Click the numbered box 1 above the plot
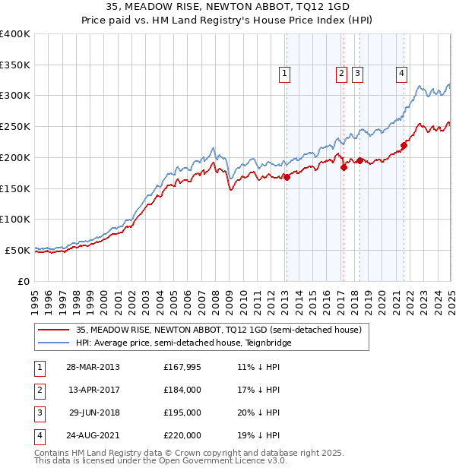pyautogui.click(x=284, y=74)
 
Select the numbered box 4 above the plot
pyautogui.click(x=401, y=74)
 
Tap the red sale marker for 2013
pyautogui.click(x=287, y=177)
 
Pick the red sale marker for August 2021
pyautogui.click(x=404, y=146)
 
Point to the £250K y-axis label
pyautogui.click(x=15, y=126)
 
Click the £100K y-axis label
pyautogui.click(x=15, y=219)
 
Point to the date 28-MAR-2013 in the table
pyautogui.click(x=93, y=367)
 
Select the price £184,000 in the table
pyautogui.click(x=182, y=390)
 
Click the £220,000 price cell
pyautogui.click(x=182, y=435)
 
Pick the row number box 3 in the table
pyautogui.click(x=39, y=413)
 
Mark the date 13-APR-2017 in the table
pyautogui.click(x=93, y=390)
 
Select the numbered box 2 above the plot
pyautogui.click(x=340, y=74)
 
